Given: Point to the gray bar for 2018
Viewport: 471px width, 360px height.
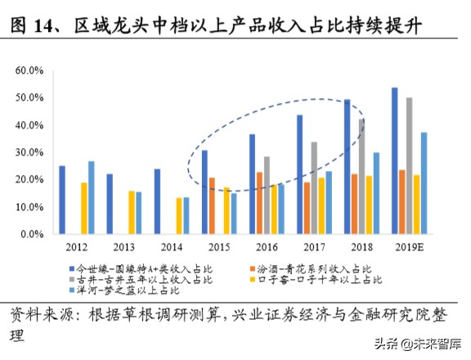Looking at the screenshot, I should pos(361,177).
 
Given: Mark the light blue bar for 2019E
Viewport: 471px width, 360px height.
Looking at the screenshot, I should pos(424,183).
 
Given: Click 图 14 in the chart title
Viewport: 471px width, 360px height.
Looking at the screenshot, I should pos(30,28).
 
